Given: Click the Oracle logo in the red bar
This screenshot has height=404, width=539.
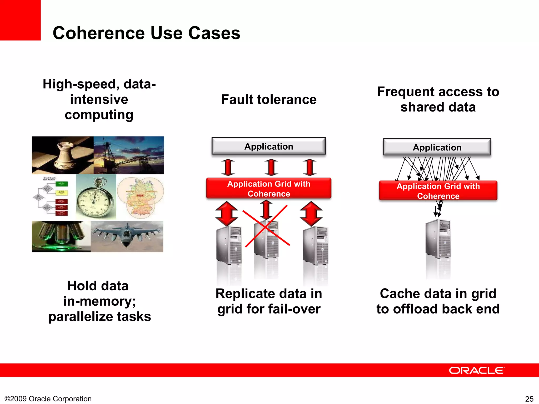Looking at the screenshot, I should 476,370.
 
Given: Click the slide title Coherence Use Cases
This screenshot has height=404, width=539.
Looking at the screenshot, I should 146,33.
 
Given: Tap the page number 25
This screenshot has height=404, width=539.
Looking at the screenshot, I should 529,399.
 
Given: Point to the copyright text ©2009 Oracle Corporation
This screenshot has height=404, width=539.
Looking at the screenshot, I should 48,399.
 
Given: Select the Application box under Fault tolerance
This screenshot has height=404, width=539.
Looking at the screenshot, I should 268,146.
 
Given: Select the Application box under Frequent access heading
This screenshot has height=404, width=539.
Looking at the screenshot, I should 437,147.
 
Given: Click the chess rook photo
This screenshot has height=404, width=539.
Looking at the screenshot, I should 63,155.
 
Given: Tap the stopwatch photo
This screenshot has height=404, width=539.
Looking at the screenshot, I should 96,197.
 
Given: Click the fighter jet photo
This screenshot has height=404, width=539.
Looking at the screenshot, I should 127,236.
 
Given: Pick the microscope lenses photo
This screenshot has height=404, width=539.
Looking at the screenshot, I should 61,236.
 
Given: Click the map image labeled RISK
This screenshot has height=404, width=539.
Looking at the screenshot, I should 141,197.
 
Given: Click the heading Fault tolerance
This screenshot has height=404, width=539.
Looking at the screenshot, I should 268,99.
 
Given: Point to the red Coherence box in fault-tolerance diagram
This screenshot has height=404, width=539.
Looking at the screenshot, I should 268,188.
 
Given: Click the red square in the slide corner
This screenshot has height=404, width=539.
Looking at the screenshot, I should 20,20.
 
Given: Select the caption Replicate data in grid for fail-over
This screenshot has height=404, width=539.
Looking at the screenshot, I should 268,301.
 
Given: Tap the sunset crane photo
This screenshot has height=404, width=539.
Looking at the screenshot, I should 129,155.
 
